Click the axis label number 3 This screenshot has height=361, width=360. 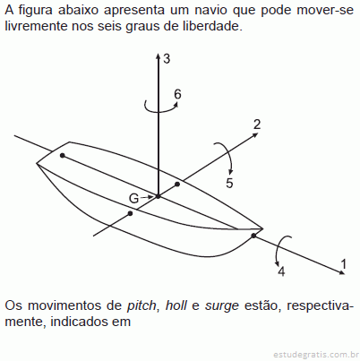[x=167, y=58]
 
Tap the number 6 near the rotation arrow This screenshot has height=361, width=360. [x=177, y=94]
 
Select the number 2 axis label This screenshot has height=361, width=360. [x=257, y=125]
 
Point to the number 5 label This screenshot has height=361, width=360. [x=229, y=183]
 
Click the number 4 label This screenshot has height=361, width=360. [x=281, y=271]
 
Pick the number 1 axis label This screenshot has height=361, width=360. [x=344, y=264]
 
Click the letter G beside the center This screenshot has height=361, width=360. [x=134, y=198]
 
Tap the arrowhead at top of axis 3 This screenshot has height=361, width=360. [x=159, y=56]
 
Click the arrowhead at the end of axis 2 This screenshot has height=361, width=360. [x=255, y=134]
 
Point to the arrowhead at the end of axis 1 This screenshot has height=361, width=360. [x=341, y=271]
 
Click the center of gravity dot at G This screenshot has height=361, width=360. [x=159, y=196]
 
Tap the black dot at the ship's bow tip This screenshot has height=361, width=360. [x=253, y=236]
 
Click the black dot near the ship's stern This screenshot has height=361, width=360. [x=63, y=155]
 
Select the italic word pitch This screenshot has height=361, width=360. [x=141, y=305]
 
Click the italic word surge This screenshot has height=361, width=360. [x=222, y=306]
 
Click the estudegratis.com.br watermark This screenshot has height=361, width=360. [x=316, y=355]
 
